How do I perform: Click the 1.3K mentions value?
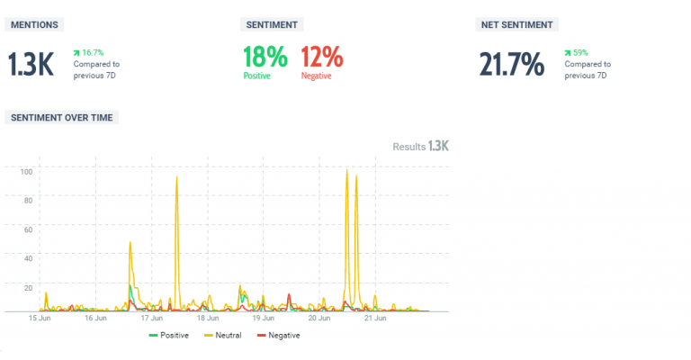pyautogui.click(x=31, y=64)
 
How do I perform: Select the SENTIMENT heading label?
pyautogui.click(x=272, y=24)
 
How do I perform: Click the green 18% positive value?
pyautogui.click(x=265, y=58)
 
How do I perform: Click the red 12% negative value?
pyautogui.click(x=321, y=58)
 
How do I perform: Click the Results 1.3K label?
pyautogui.click(x=420, y=146)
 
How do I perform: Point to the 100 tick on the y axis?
pyautogui.click(x=26, y=170)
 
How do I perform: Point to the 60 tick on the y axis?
pyautogui.click(x=28, y=229)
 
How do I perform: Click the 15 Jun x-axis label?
pyautogui.click(x=40, y=318)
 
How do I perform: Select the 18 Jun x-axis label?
pyautogui.click(x=208, y=318)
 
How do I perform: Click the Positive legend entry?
pyautogui.click(x=168, y=336)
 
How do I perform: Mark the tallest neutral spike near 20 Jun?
pyautogui.click(x=346, y=171)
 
